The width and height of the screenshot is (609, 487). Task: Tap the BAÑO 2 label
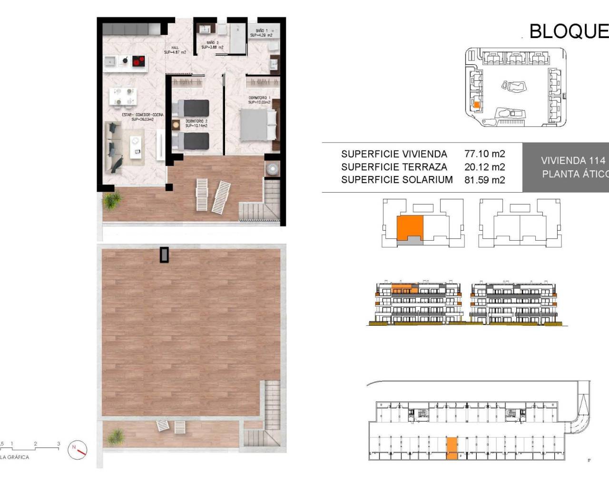click(212, 45)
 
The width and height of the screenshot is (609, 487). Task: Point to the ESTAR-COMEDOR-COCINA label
click(142, 117)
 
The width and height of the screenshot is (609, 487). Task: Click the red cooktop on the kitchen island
click(138, 61)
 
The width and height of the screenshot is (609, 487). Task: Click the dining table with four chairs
click(123, 96)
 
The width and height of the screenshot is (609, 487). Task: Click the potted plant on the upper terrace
click(111, 201)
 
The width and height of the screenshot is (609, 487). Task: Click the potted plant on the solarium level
click(116, 435)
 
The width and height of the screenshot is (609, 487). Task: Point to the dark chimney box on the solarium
click(164, 254)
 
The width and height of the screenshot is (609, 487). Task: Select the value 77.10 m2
click(484, 154)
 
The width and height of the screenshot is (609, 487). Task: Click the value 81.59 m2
click(484, 180)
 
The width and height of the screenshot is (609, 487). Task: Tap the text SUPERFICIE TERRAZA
click(394, 167)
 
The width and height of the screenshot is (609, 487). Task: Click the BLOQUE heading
click(569, 31)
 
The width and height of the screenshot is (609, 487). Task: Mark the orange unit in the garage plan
click(452, 448)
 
